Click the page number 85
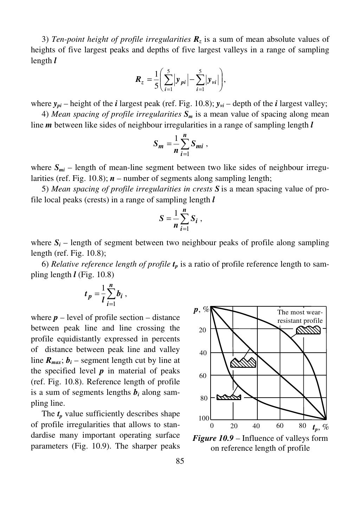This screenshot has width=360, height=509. (x=180, y=461)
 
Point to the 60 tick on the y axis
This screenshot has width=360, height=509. (x=203, y=376)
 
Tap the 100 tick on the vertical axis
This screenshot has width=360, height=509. (x=204, y=418)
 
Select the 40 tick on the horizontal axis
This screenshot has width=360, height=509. (x=256, y=426)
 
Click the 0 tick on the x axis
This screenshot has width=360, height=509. (x=212, y=426)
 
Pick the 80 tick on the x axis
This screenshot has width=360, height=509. (x=302, y=426)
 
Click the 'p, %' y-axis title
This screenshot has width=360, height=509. (x=201, y=310)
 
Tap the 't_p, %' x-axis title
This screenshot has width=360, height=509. (x=321, y=427)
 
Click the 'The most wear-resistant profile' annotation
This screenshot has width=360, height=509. (x=300, y=316)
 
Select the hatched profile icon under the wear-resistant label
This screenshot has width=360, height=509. (x=308, y=330)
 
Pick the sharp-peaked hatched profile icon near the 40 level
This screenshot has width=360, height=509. (x=243, y=363)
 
